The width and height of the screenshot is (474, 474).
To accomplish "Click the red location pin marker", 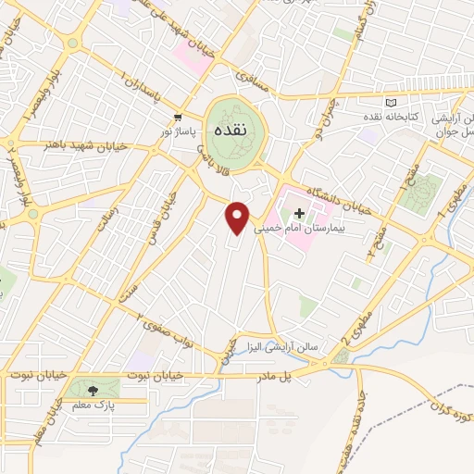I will click(x=238, y=218).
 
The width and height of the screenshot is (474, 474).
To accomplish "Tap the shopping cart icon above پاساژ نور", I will click(x=177, y=116).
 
